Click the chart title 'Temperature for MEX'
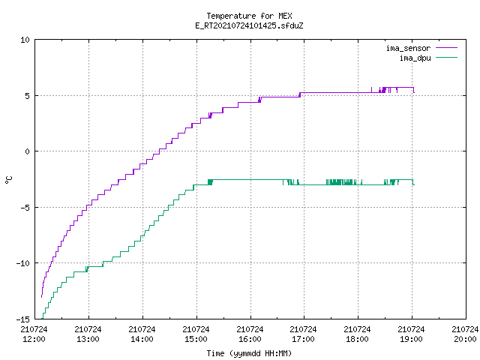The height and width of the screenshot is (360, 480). (249, 16)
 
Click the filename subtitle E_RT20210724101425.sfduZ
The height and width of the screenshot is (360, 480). (249, 25)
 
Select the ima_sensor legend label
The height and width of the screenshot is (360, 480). (408, 48)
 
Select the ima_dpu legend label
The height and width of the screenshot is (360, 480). (415, 58)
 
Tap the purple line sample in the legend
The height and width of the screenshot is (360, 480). (447, 48)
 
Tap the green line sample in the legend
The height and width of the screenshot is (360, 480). (447, 58)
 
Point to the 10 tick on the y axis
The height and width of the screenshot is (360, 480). (25, 40)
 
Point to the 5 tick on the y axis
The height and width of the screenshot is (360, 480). (28, 96)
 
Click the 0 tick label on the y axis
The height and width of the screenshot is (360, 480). (28, 151)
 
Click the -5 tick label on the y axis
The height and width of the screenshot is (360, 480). (25, 208)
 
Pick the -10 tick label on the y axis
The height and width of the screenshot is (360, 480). (23, 263)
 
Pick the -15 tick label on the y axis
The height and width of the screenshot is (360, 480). (23, 319)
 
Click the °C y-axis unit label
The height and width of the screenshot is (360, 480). (9, 180)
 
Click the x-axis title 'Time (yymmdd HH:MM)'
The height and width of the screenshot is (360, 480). (249, 353)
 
